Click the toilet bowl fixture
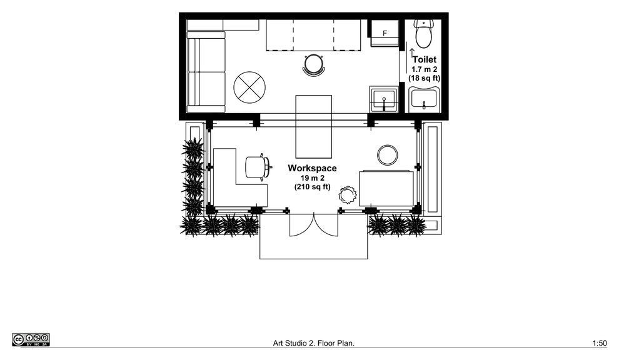(x=423, y=34)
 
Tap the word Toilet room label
(x=425, y=59)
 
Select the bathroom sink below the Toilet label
(x=424, y=99)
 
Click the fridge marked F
(x=384, y=33)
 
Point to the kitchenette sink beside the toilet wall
(x=384, y=99)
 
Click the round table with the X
(x=249, y=87)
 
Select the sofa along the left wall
(x=206, y=72)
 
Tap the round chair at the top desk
(x=315, y=64)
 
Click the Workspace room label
(x=312, y=168)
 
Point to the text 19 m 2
(x=312, y=178)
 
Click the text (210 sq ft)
(x=312, y=187)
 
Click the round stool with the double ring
(x=388, y=155)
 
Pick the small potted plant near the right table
(x=348, y=194)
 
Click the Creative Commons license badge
(x=31, y=340)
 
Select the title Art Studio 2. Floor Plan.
(x=314, y=343)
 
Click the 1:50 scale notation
(x=600, y=343)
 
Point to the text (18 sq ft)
(x=425, y=78)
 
